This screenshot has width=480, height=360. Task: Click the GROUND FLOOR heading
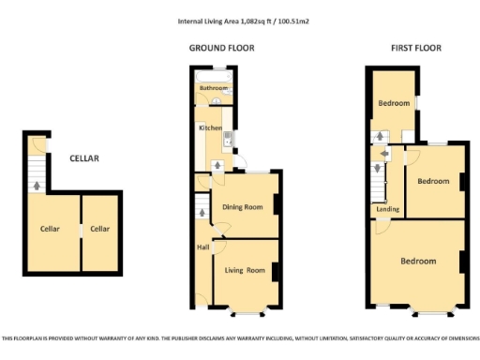point(221,48)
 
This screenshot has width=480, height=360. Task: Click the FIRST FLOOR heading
point(416,48)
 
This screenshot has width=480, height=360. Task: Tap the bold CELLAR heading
point(84,158)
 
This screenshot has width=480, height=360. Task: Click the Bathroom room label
point(212,88)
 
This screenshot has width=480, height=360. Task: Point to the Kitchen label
point(209,128)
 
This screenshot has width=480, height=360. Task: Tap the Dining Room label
point(241,207)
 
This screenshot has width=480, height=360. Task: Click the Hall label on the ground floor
point(202,247)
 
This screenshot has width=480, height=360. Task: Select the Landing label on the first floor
point(387,210)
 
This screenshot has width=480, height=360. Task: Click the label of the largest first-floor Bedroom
point(418,261)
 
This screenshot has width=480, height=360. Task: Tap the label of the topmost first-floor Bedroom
point(394,103)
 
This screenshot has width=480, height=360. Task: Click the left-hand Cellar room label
point(50,229)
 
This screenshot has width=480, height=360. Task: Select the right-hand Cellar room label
point(100,229)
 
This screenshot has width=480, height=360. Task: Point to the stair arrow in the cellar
point(37,185)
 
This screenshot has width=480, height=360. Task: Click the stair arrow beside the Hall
point(201,213)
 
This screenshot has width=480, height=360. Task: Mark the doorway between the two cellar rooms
point(80,230)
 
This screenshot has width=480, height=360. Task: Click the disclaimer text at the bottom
point(240,338)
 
